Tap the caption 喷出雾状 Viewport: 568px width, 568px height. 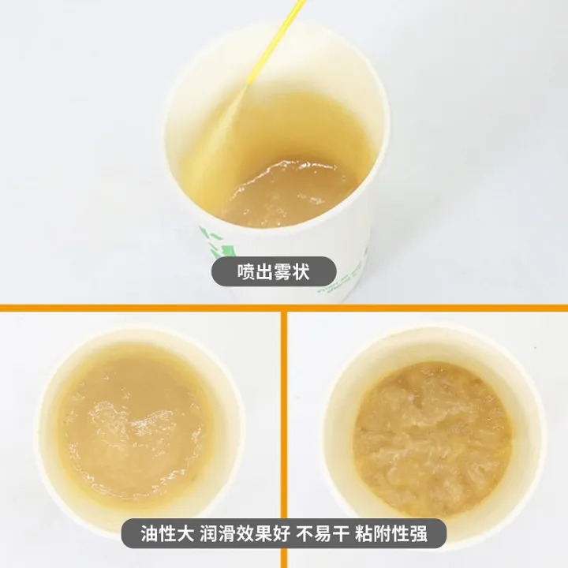point(274,271)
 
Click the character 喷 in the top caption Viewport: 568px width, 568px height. point(246,271)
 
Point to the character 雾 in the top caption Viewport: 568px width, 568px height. point(283,271)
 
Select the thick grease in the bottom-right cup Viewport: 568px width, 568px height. point(433,436)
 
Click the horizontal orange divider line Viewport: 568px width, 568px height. point(284,308)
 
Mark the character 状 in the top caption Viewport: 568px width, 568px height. point(301,271)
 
